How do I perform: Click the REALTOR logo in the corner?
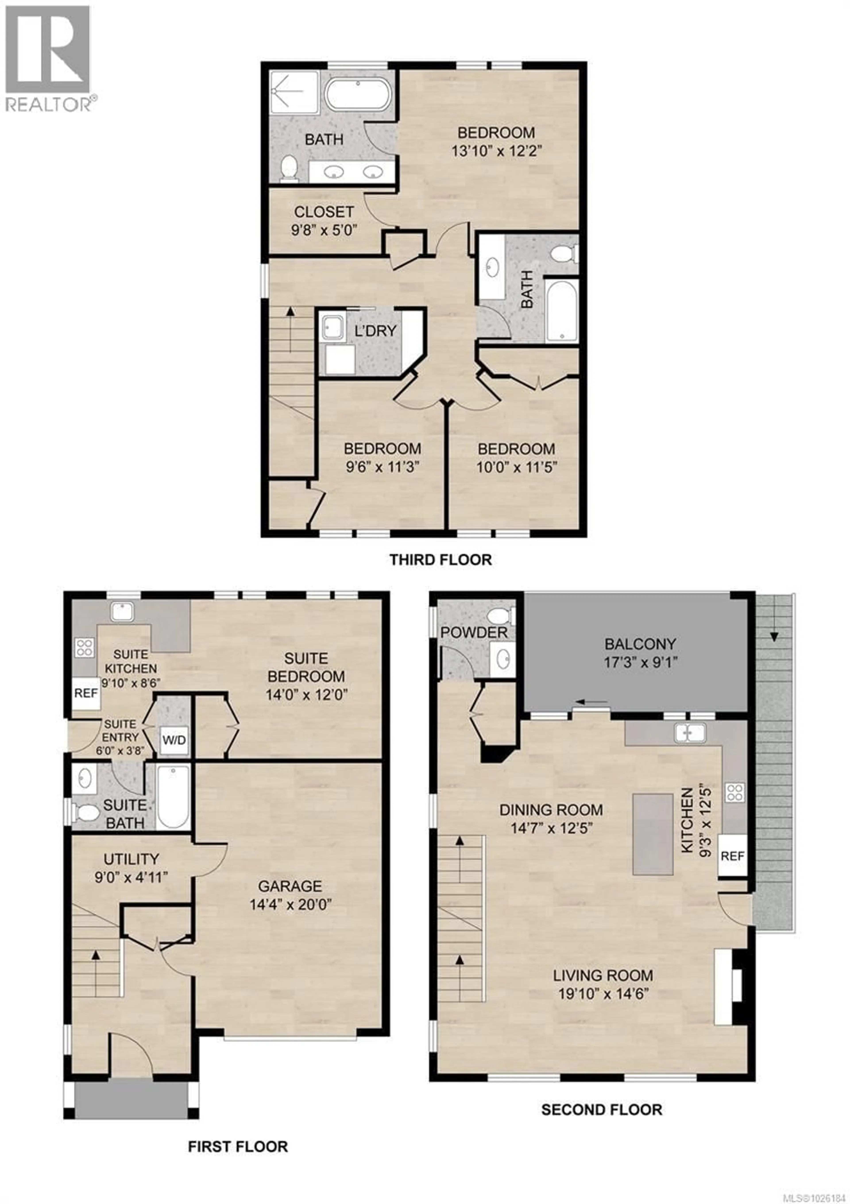(48, 58)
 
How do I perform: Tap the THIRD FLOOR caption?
(440, 560)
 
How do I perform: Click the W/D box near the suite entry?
(174, 740)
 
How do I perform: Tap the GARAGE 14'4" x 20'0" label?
(290, 895)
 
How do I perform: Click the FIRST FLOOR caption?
(238, 1147)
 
